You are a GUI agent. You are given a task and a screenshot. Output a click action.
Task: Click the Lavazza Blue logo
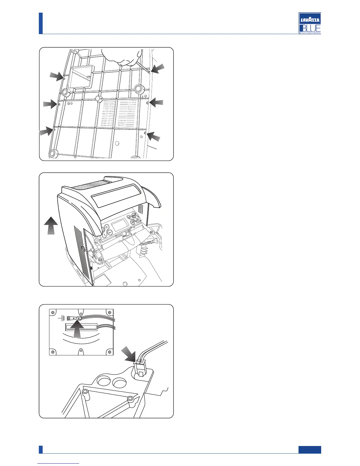[x=310, y=23]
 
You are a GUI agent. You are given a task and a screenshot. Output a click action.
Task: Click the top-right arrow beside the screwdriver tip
[x=158, y=68]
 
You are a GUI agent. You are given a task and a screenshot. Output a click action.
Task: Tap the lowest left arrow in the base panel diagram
[x=46, y=131]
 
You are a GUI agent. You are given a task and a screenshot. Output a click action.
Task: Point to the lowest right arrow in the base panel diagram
[x=154, y=136]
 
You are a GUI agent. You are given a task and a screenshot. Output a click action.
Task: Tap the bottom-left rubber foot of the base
[x=53, y=153]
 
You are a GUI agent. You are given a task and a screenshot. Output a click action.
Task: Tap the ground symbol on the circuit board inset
[x=62, y=318]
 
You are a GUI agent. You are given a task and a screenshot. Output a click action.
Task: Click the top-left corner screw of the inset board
[x=53, y=312]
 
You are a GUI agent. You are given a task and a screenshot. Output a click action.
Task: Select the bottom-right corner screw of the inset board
[x=109, y=352]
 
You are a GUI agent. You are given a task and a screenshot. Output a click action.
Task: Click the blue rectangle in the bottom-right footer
[x=309, y=450]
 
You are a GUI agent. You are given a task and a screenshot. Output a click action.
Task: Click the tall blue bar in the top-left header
[x=41, y=23]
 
